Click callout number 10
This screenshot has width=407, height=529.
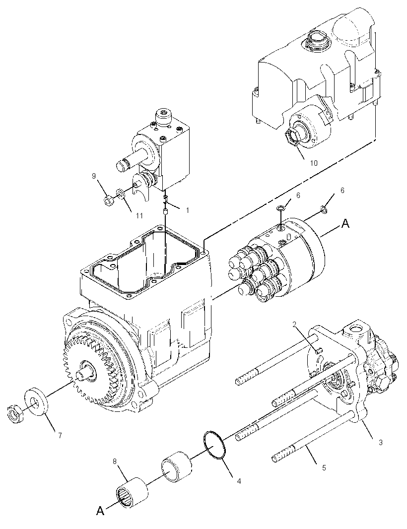pos(314,163)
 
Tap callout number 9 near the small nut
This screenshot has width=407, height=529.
pos(94,176)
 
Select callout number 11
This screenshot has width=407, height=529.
pos(139,215)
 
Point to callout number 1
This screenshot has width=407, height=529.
pos(187,210)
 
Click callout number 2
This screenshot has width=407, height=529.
pos(294,324)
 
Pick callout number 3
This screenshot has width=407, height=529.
pos(381,442)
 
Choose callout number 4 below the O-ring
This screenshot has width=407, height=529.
pos(239,481)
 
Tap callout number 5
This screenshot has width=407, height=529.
pos(324,468)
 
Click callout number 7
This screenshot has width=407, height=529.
pos(60,435)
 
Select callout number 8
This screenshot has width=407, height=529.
pos(115,461)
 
